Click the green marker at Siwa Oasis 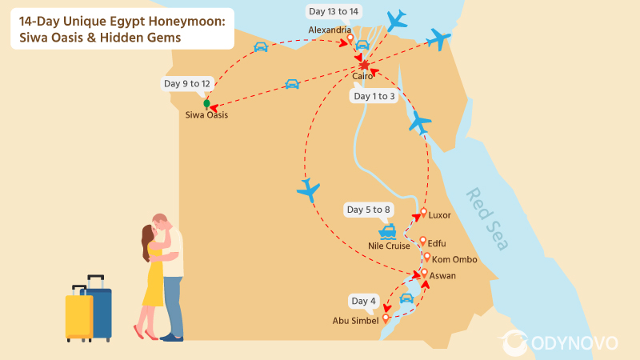(206, 103)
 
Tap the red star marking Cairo (364, 64)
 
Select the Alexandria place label (330, 30)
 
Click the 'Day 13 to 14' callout (333, 10)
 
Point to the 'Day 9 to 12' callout (187, 83)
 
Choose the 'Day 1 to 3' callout (374, 96)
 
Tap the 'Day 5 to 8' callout (368, 210)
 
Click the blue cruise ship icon (388, 232)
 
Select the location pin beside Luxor (421, 214)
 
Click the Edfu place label (437, 243)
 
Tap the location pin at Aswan (424, 274)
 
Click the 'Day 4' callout (363, 301)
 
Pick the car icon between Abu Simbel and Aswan (406, 298)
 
